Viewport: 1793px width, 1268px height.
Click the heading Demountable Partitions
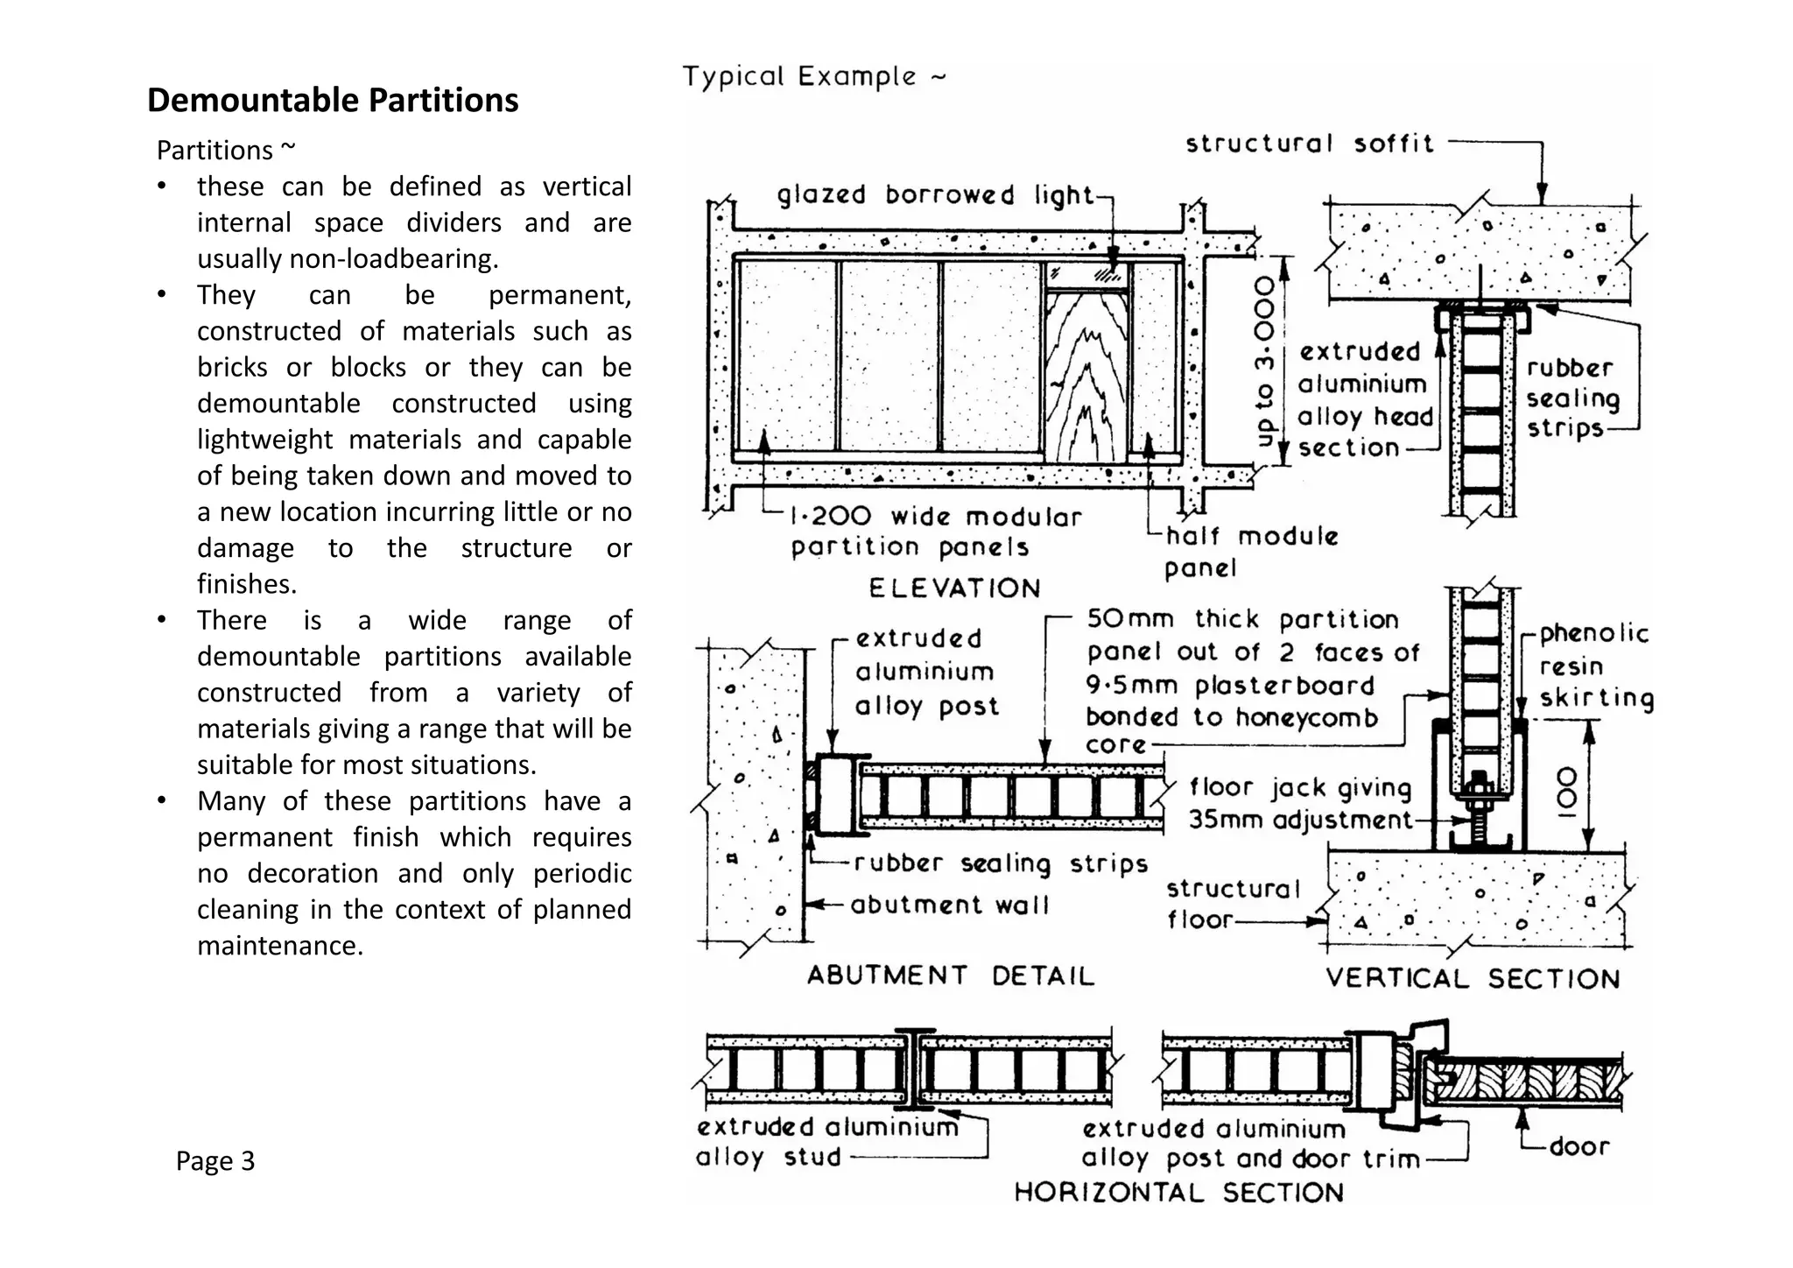[332, 100]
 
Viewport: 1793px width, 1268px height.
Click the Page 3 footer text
[214, 1160]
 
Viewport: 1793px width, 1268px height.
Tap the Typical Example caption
[813, 77]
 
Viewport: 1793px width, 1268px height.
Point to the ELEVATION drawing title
[953, 588]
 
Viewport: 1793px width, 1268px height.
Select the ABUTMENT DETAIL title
[950, 976]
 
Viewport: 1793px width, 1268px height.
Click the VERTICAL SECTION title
[1473, 978]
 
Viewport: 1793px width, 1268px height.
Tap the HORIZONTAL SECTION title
[1178, 1193]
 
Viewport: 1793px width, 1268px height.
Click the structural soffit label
[1309, 144]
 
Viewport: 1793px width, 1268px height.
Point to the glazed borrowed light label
[935, 194]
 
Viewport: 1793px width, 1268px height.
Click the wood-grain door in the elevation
[1084, 377]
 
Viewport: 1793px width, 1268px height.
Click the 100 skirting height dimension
[1567, 791]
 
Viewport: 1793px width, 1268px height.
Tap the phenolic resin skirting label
[1595, 666]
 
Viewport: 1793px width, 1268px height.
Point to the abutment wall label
[949, 905]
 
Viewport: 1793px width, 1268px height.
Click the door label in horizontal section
[1579, 1146]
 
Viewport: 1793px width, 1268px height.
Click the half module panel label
[1249, 552]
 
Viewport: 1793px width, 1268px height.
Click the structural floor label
[1232, 904]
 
